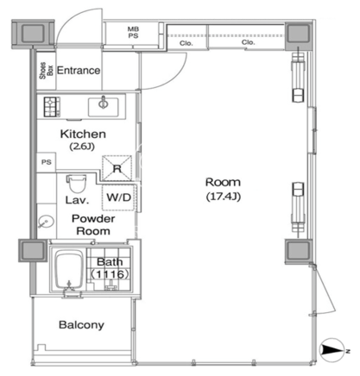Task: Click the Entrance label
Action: point(79,71)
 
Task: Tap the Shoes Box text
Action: point(47,71)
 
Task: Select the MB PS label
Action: point(133,33)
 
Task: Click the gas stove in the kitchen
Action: point(52,107)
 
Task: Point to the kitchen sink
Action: point(104,107)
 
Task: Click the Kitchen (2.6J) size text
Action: point(82,147)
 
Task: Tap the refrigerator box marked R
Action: point(117,168)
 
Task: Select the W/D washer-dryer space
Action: point(118,197)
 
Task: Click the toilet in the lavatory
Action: point(77,184)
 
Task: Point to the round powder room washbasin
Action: point(46,222)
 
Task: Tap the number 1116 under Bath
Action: point(111,274)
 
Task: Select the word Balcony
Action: point(81,325)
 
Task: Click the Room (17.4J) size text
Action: point(224,197)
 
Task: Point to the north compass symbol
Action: point(332,350)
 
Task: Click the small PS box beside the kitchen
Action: point(47,162)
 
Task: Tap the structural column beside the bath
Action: point(33,250)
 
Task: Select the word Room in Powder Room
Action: point(93,231)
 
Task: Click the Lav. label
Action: point(77,200)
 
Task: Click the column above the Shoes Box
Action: point(33,34)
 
